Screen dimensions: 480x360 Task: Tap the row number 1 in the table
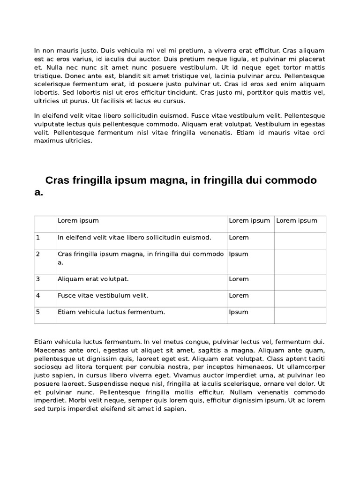38,238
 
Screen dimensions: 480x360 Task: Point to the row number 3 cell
38,279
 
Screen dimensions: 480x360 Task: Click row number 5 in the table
38,312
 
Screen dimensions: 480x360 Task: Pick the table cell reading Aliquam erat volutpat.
93,279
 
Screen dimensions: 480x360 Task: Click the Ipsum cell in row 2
239,254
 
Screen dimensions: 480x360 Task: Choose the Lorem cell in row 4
239,296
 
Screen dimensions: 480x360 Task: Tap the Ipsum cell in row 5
239,312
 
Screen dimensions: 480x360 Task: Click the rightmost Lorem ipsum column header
297,221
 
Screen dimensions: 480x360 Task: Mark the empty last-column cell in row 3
300,282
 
